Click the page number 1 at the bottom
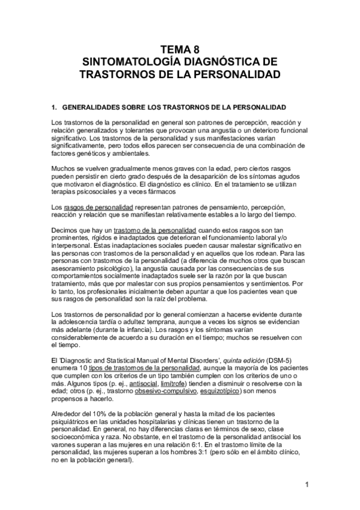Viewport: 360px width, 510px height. point(307,485)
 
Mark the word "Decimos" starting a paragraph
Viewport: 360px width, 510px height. point(66,231)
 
